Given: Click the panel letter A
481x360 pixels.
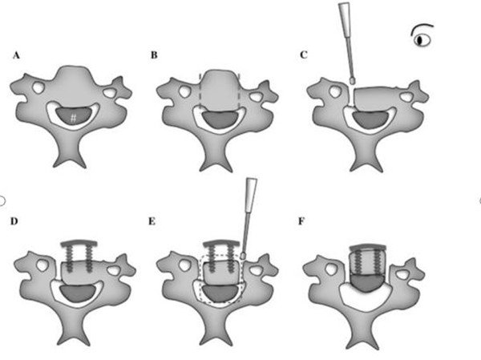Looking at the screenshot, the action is [x=16, y=55].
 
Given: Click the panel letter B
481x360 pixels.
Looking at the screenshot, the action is [x=154, y=55].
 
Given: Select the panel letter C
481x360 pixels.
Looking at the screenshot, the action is [x=303, y=55].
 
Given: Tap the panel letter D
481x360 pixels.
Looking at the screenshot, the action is [x=14, y=221].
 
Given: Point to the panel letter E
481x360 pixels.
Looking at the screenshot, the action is [x=152, y=221].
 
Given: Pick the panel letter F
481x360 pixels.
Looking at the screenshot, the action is [x=301, y=221].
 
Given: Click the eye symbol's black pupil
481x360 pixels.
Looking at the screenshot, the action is [x=420, y=40].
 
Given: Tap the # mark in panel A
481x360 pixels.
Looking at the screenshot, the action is [x=73, y=118].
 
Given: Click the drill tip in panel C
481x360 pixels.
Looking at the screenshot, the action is [x=353, y=80].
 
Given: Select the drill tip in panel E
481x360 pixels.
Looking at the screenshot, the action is [x=244, y=255].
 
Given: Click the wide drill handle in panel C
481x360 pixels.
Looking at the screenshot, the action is [x=345, y=19].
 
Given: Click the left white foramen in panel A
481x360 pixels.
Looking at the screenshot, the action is [x=38, y=87].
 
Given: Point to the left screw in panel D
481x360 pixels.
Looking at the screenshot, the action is [x=70, y=259].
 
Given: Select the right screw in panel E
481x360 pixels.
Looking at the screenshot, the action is [x=228, y=259].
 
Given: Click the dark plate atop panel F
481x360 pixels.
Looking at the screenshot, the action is [x=367, y=247].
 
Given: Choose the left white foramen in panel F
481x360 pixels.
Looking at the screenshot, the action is [x=331, y=269].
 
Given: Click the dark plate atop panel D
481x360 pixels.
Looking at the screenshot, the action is [x=79, y=244].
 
